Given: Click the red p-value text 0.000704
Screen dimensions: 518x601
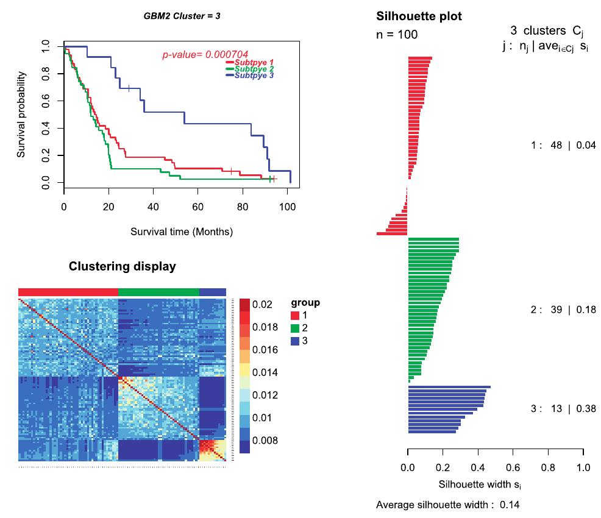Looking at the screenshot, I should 205,55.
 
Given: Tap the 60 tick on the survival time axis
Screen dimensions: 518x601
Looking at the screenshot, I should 198,207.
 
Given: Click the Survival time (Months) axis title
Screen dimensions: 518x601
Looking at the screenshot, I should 181,232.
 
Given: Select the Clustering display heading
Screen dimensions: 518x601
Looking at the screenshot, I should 122,266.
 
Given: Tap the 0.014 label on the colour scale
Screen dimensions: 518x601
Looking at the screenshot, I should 266,372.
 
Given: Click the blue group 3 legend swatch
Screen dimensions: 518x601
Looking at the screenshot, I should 296,341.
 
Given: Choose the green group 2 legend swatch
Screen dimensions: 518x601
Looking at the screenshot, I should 296,328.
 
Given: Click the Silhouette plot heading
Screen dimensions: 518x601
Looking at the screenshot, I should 419,16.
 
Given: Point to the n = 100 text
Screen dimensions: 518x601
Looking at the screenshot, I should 397,35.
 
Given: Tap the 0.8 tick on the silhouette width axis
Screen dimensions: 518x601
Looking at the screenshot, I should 548,468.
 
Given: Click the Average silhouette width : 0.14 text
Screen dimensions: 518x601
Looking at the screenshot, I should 447,505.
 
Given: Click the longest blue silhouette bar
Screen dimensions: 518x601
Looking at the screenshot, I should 449,387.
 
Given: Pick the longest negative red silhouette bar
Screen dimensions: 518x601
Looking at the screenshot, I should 392,233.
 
